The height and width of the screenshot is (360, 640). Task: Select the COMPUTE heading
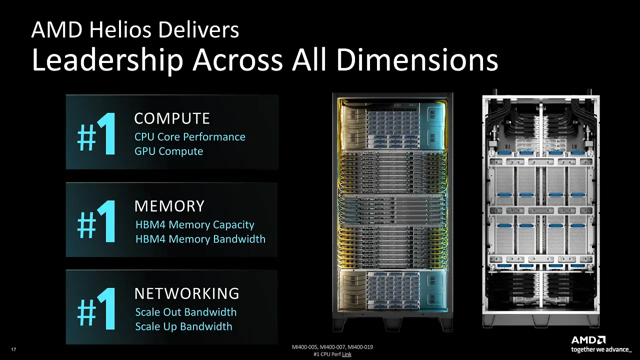pos(172,118)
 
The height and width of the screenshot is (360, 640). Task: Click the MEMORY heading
pos(169,205)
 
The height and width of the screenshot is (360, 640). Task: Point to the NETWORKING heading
pos(187,293)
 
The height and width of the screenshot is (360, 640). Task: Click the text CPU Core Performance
pos(190,137)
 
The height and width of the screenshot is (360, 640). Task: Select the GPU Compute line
pos(169,151)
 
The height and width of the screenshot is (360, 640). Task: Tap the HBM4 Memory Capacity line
pos(195,225)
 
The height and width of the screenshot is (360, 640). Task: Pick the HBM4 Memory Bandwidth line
pos(200,239)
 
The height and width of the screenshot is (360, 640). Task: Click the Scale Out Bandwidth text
pos(186,312)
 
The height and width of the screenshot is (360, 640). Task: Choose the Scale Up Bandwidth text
pos(183,326)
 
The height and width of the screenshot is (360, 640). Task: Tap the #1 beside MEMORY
pos(96,221)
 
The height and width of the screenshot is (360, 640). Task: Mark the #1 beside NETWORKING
pos(96,309)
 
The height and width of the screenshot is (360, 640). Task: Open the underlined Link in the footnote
pos(346,354)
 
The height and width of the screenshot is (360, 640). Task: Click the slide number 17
pos(13,349)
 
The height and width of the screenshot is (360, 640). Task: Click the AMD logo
pos(588,340)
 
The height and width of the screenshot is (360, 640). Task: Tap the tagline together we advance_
pos(601,349)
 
